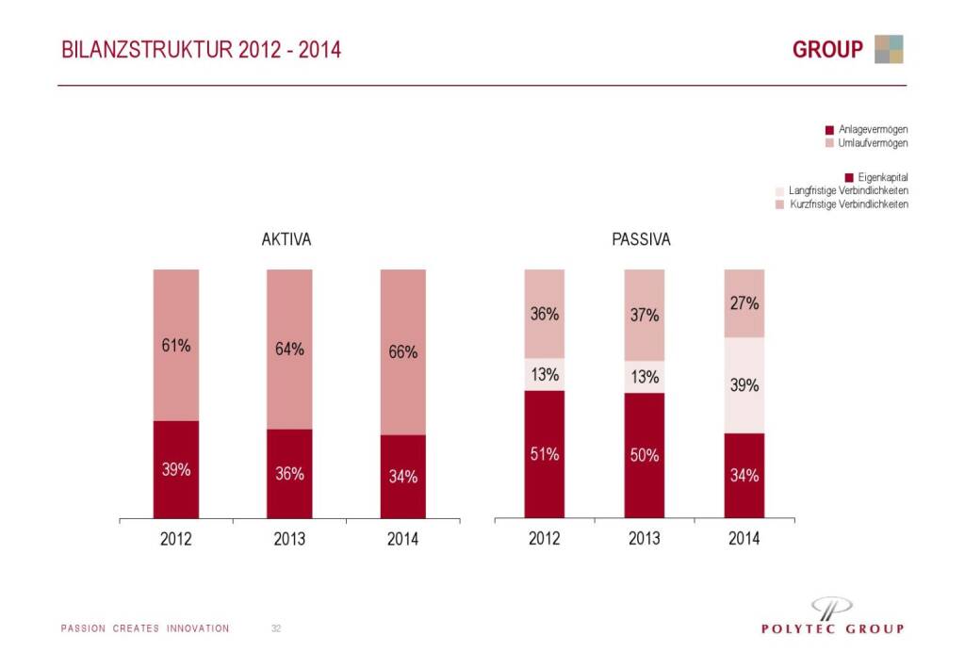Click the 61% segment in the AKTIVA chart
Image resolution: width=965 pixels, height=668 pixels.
point(176,345)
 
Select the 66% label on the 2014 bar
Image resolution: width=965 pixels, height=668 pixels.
point(403,352)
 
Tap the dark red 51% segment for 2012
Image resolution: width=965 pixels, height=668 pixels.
point(545,454)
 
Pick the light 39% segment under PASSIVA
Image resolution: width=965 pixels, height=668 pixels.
point(744,385)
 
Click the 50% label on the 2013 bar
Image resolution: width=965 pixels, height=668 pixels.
point(645,455)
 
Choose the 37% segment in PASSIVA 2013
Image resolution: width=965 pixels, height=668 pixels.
point(645,315)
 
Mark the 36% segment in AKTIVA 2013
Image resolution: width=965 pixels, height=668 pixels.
point(289,474)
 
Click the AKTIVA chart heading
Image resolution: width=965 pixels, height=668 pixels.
point(286,240)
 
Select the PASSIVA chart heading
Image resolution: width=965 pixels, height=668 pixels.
point(642,240)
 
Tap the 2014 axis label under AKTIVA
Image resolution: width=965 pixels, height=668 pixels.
point(402,540)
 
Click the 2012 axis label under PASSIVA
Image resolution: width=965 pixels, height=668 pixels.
point(545,539)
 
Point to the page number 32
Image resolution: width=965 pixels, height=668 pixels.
point(276,628)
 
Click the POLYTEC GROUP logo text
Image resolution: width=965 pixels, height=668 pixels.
point(832,628)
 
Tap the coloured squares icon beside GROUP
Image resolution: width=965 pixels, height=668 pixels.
point(889,49)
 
